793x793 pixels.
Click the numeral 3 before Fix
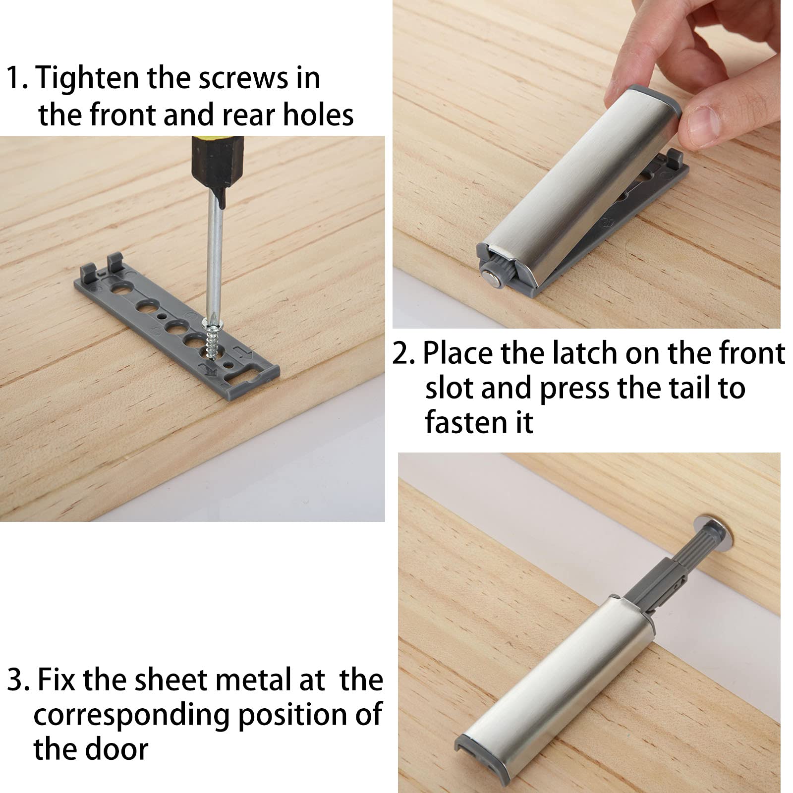16,681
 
